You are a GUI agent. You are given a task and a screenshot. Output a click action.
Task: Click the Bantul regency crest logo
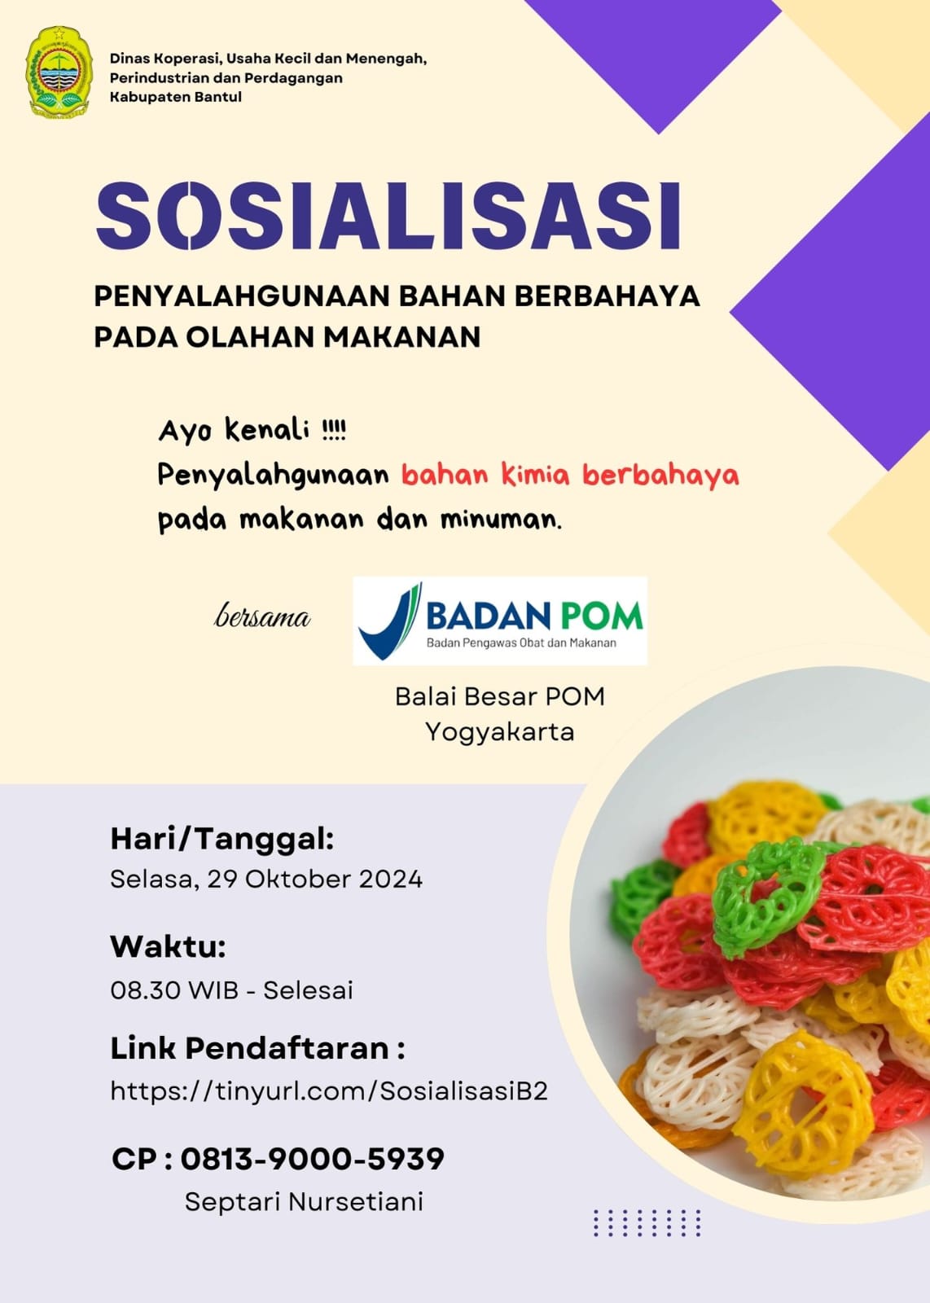(x=59, y=72)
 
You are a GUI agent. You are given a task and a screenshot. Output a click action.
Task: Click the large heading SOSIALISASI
(x=388, y=216)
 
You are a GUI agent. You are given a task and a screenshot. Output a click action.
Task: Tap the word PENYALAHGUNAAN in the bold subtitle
(x=242, y=296)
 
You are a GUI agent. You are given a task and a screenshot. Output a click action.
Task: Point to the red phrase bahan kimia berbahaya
(x=570, y=475)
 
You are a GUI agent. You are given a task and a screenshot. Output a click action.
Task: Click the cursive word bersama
(x=262, y=616)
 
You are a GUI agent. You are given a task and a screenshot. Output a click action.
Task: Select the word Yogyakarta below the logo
(x=499, y=732)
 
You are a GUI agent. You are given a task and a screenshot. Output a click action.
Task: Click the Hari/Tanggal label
(x=222, y=840)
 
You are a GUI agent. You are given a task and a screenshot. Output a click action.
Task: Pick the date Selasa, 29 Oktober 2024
(x=266, y=879)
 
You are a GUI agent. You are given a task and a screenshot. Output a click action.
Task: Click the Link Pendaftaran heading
(x=257, y=1048)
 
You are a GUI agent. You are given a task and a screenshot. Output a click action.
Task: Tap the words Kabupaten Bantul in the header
(x=176, y=97)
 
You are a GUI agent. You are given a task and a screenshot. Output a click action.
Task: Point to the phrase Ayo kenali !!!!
(x=252, y=432)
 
